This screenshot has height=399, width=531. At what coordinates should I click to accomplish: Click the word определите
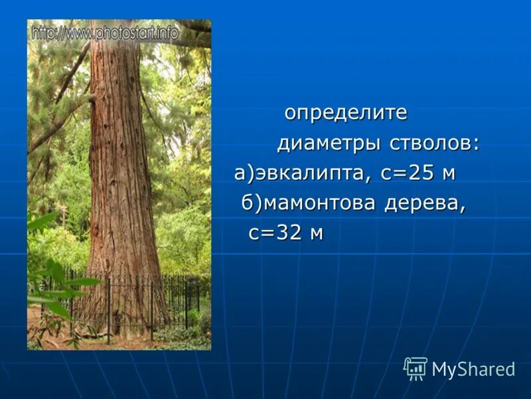coord(346,112)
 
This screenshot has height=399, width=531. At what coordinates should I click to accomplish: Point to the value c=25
coord(408,174)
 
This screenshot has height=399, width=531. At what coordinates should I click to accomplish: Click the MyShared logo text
coord(473,369)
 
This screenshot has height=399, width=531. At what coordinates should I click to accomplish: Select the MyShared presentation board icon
coord(416,368)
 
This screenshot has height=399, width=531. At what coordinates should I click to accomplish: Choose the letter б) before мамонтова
coord(252,203)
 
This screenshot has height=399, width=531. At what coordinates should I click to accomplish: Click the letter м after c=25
coord(449,175)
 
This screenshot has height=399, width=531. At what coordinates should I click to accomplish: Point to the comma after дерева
coord(461,207)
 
